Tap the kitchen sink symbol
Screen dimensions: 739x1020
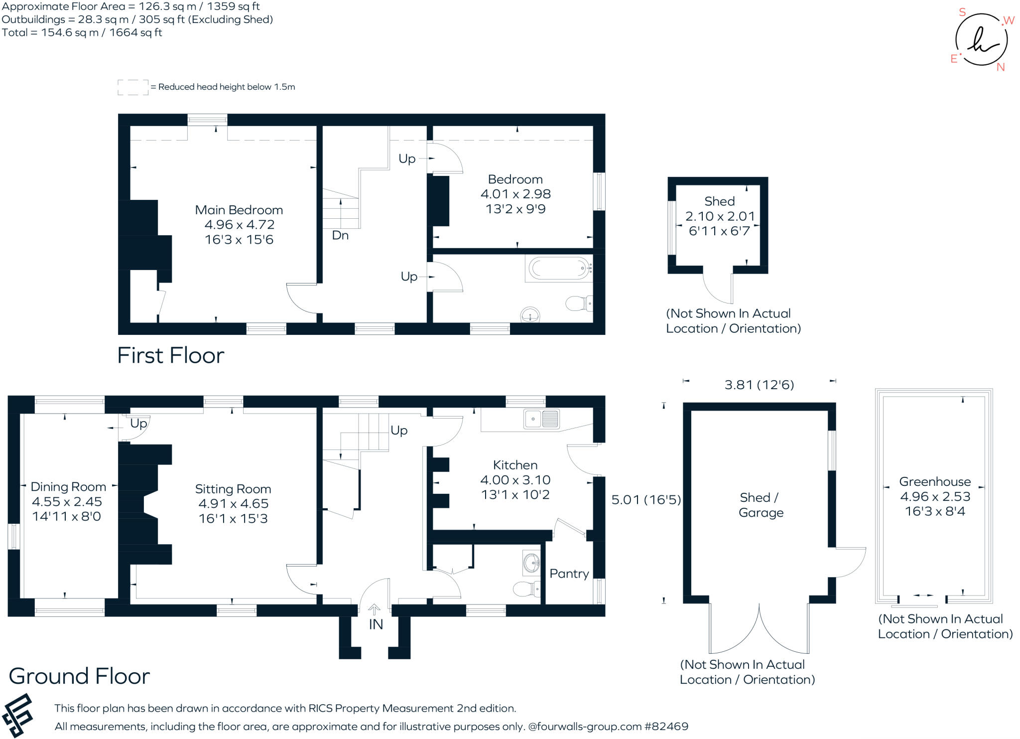tap(541, 419)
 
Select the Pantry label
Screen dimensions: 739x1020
tap(569, 574)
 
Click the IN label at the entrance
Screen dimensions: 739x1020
tap(376, 624)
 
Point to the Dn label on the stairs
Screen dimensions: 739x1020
tap(340, 235)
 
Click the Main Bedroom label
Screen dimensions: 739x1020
tap(239, 210)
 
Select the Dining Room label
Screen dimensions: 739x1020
tap(68, 487)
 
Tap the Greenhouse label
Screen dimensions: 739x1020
tap(935, 482)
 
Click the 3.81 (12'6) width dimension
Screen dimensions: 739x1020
tap(759, 385)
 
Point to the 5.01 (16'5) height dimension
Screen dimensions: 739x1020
tap(646, 500)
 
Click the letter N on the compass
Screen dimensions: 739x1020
tap(1001, 67)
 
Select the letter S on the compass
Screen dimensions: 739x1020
tap(962, 12)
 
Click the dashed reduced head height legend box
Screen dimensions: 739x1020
tap(133, 87)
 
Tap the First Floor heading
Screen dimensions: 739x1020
tap(170, 356)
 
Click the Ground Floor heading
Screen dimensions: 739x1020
tap(79, 676)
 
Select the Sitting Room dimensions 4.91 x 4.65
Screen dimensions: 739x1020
tap(233, 504)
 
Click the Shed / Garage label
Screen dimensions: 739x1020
tap(761, 505)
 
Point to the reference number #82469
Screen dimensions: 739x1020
tap(666, 727)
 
